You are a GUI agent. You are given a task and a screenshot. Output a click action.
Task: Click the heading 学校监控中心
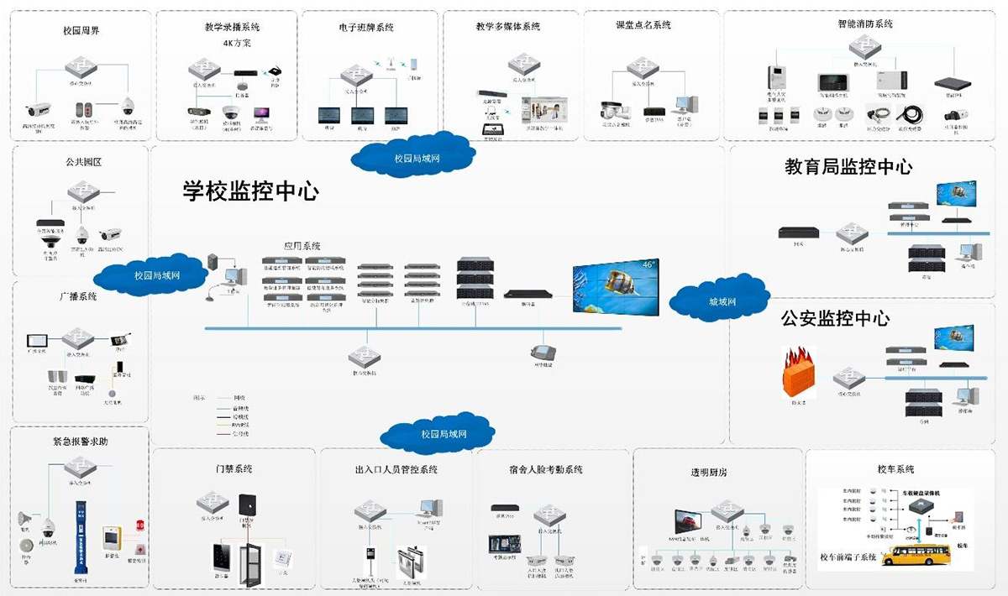(251, 191)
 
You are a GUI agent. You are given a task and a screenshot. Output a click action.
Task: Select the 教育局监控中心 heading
(848, 167)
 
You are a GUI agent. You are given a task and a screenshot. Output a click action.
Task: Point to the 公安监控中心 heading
(835, 319)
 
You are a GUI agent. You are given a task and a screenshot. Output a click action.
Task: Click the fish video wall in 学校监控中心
(617, 286)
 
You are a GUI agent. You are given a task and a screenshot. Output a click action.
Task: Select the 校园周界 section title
(81, 31)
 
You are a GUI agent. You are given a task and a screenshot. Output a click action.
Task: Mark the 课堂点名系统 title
(643, 25)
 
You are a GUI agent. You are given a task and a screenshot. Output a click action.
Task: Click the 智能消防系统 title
(865, 24)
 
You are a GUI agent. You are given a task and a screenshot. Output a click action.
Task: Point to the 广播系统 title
(78, 296)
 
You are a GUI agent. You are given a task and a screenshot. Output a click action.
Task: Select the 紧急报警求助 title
(80, 442)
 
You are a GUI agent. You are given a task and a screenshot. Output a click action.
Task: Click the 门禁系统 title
(234, 468)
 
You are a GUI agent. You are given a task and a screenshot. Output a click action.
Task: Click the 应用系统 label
(303, 246)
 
